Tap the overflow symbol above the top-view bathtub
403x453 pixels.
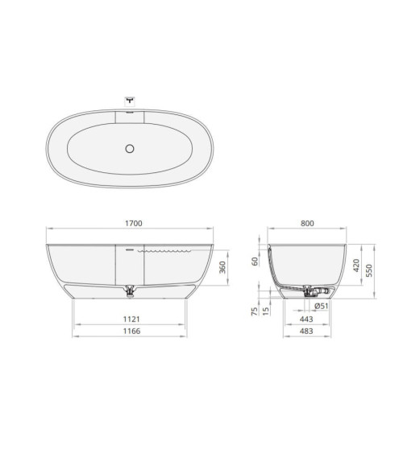(131, 101)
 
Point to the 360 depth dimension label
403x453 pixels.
(223, 267)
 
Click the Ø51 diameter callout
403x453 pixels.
(320, 307)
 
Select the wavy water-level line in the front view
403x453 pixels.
(165, 250)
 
